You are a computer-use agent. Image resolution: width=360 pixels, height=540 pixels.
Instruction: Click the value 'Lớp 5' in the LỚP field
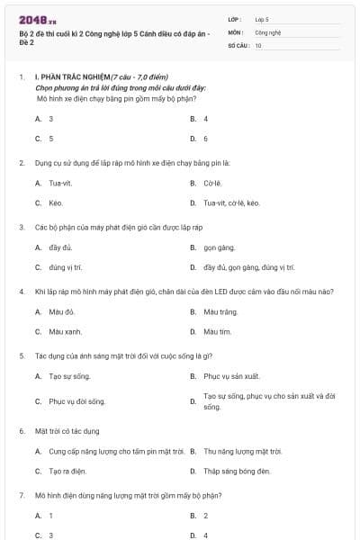click(x=262, y=18)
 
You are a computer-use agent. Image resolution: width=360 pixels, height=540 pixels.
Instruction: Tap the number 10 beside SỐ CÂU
click(x=258, y=44)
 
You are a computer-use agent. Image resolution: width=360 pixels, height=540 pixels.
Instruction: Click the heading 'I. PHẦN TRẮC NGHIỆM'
click(x=71, y=78)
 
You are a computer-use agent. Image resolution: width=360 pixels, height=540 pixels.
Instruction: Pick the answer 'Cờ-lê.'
click(x=212, y=183)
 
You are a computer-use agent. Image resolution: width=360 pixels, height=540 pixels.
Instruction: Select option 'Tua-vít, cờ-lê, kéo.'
click(x=232, y=203)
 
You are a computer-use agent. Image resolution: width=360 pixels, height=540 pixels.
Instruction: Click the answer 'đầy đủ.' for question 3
click(x=60, y=247)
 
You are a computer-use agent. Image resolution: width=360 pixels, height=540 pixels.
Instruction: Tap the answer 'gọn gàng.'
click(x=219, y=247)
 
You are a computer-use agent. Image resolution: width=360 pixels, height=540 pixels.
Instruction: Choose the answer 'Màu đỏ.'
click(x=62, y=311)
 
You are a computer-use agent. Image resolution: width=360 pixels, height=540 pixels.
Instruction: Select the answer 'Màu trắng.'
click(x=220, y=311)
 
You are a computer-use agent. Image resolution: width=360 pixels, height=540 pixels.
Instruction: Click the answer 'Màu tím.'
click(x=218, y=332)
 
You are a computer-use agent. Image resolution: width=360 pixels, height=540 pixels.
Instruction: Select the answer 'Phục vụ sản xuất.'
click(x=231, y=376)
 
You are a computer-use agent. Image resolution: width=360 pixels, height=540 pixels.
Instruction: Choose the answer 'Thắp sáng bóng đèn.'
click(x=237, y=471)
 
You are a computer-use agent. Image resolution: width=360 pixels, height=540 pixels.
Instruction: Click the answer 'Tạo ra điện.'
click(x=67, y=471)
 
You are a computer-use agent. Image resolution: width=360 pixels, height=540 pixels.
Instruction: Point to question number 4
click(x=21, y=292)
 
